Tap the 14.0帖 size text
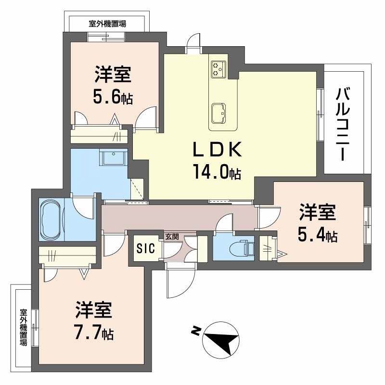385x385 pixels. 217,172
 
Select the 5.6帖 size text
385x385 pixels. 113,97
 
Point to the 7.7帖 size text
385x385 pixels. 94,333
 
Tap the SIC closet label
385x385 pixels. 145,248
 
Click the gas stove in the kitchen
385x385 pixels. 218,69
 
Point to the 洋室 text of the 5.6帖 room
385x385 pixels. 113,76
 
